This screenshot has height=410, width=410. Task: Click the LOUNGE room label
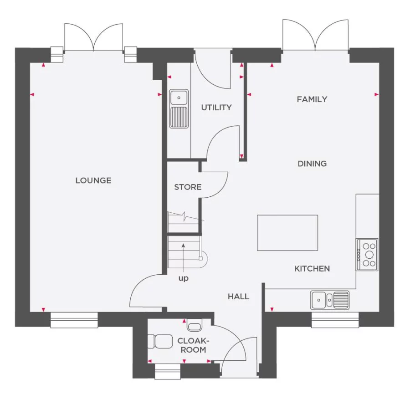[93, 180]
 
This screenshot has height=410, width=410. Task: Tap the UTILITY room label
[216, 108]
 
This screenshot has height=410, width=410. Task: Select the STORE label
[188, 187]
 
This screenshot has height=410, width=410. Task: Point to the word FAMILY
[312, 99]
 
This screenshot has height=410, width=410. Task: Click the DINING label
[312, 164]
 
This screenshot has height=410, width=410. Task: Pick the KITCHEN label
[312, 269]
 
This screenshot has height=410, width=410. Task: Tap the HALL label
[238, 297]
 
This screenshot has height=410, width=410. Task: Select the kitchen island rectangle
[287, 233]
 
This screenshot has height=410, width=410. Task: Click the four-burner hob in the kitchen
[367, 255]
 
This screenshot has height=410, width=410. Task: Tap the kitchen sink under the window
[330, 300]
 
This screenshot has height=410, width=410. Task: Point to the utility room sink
[179, 109]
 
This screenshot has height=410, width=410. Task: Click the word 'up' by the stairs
[183, 278]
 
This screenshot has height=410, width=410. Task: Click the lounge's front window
[74, 320]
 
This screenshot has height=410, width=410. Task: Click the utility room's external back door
[212, 71]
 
